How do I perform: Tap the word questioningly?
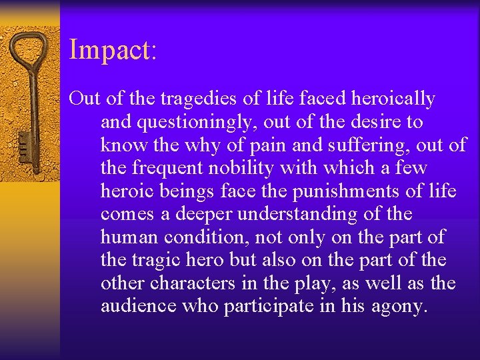(x=179, y=123)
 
